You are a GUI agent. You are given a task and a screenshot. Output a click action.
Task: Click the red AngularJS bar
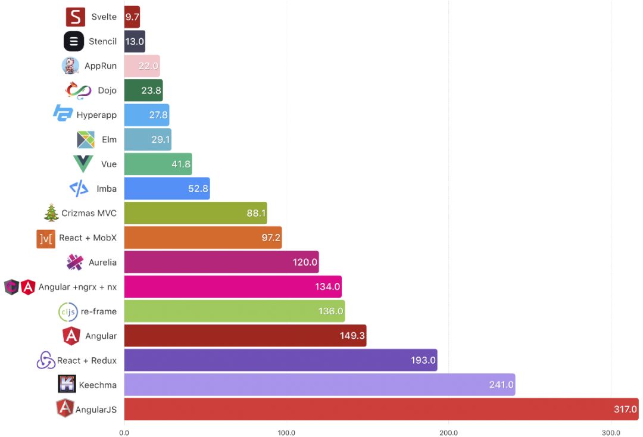pos(381,409)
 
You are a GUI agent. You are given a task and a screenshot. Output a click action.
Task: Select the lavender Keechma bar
pos(319,385)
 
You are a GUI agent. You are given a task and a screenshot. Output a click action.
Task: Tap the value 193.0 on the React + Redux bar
pos(423,360)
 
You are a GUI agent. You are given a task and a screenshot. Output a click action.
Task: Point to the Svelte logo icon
pos(76,17)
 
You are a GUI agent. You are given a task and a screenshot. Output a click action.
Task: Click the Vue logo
pos(83,164)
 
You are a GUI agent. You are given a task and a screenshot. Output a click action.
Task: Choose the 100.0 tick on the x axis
pos(286,432)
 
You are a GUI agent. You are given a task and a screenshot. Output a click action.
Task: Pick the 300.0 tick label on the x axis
pos(611,432)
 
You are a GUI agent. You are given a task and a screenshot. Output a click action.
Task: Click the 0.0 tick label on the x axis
pos(124,432)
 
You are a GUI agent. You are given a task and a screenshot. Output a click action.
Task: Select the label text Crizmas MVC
pos(89,213)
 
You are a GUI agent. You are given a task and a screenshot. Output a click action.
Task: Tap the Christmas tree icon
pos(52,213)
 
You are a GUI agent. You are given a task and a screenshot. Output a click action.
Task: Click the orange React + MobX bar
pos(202,238)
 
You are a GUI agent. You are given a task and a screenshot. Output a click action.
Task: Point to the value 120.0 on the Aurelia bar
pos(305,262)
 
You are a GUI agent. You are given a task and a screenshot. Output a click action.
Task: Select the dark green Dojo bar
pos(143,90)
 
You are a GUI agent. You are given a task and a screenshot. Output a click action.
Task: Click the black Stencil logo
pos(74,41)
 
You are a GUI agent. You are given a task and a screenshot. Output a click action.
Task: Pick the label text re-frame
pos(99,311)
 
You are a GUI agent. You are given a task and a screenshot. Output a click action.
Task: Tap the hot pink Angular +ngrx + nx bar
pos(232,286)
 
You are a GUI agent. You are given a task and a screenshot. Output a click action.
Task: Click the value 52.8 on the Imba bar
pos(196,189)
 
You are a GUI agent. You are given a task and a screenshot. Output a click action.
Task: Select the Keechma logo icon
pos(67,385)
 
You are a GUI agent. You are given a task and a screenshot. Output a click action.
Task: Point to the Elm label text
pos(109,139)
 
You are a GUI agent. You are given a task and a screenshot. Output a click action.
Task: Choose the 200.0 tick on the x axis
pos(448,432)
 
